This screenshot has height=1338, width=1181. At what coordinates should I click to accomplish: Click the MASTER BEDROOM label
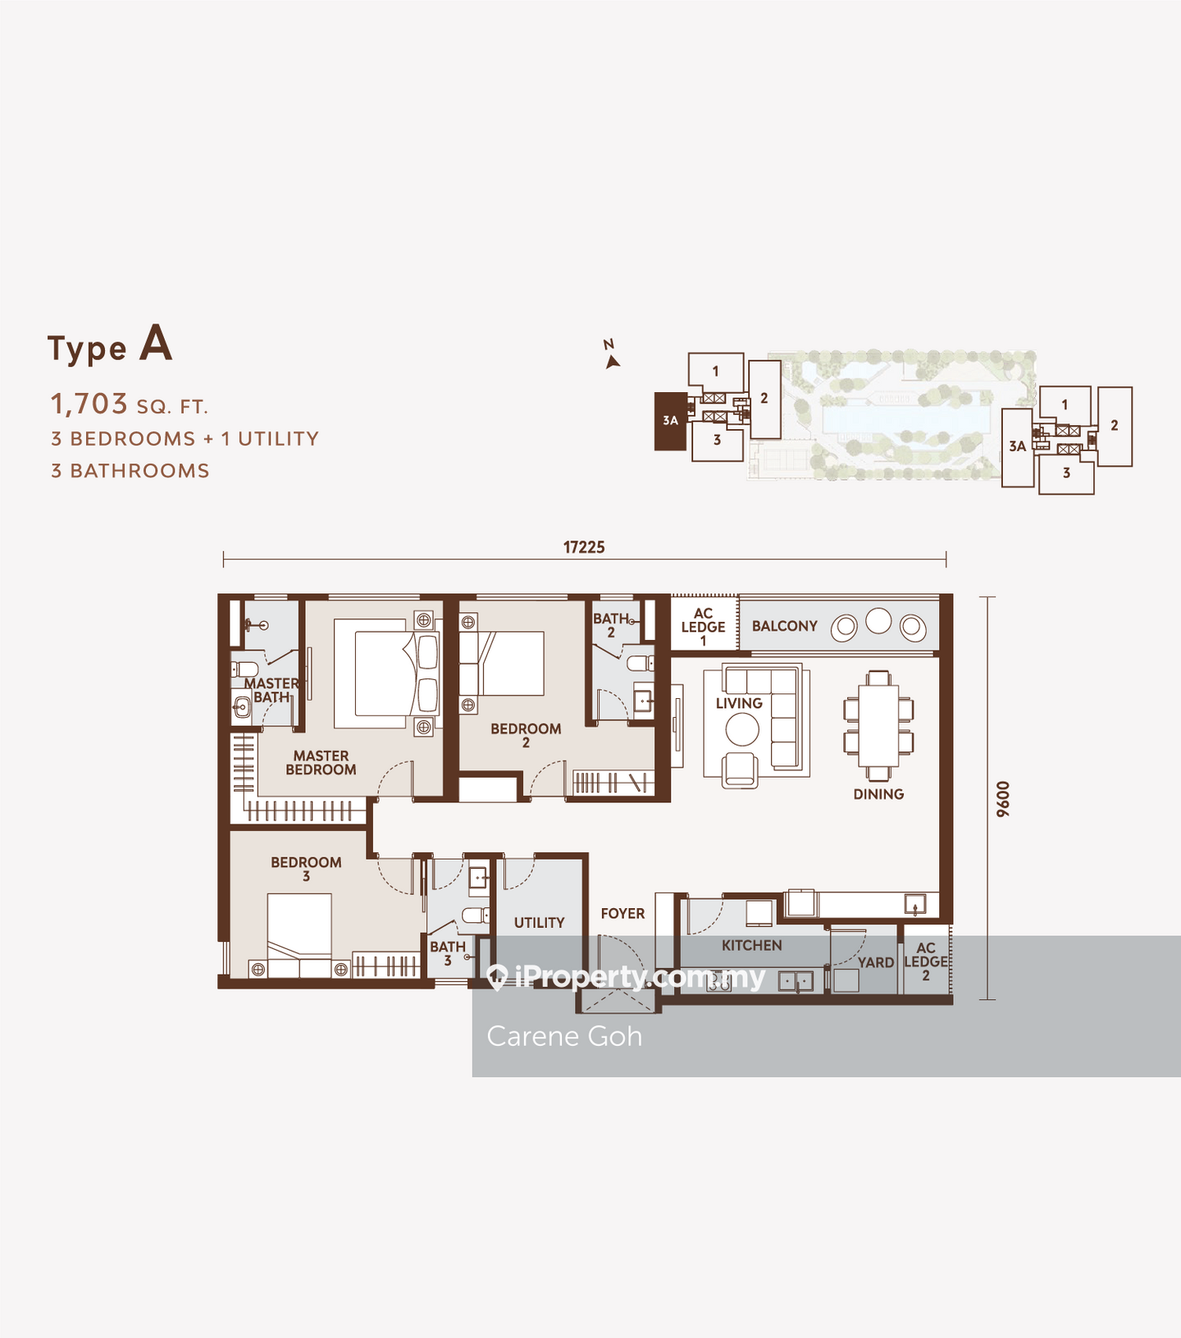(x=321, y=763)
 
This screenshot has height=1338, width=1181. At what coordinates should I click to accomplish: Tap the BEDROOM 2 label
(x=526, y=735)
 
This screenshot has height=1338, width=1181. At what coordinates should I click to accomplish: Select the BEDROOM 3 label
(x=306, y=869)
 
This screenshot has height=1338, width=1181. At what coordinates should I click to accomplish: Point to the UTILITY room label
(x=539, y=923)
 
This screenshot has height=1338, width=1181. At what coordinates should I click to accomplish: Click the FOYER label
(x=622, y=914)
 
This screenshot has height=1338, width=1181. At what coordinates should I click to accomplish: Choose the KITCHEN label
(x=751, y=946)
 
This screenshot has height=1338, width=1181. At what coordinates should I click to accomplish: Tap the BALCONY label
(x=785, y=626)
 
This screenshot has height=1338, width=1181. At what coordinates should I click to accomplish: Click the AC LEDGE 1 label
(x=703, y=627)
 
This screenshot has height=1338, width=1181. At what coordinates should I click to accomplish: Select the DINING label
(x=878, y=794)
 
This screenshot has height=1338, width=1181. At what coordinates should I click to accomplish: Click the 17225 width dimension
(x=584, y=547)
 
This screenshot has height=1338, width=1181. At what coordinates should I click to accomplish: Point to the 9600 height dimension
(x=1003, y=799)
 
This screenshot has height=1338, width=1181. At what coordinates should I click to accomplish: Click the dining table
(x=878, y=725)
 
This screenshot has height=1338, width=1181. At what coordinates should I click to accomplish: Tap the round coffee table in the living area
(x=742, y=729)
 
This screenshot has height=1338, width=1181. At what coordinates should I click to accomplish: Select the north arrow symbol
(x=611, y=362)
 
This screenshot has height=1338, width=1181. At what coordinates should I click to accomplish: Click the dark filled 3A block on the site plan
(x=670, y=421)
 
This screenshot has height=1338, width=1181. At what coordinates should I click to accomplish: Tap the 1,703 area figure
(x=89, y=404)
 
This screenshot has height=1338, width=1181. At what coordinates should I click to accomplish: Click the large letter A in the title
(x=156, y=343)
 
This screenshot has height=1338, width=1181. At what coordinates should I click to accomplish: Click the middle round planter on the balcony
(x=878, y=621)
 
